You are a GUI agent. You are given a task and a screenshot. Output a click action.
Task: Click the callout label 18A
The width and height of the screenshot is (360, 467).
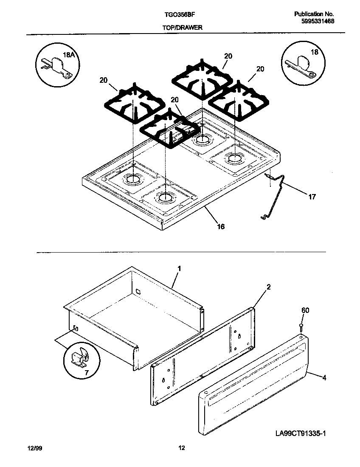[68, 55]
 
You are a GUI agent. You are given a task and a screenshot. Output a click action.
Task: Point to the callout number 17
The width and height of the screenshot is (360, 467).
[312, 197]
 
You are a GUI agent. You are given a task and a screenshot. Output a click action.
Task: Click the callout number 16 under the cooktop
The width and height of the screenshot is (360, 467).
[221, 226]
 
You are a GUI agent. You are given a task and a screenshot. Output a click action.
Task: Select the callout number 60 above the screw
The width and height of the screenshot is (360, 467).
[305, 310]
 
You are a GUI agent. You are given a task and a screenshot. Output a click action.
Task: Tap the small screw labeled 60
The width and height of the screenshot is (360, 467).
[301, 326]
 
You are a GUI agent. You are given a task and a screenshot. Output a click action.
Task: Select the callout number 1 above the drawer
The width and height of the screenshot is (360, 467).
[179, 268]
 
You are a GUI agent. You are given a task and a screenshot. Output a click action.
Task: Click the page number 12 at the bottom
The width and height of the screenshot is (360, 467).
[181, 448]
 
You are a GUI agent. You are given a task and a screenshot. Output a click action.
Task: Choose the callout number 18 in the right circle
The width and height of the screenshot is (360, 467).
[314, 53]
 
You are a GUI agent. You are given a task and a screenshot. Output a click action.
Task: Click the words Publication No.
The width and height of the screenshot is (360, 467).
[314, 14]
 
